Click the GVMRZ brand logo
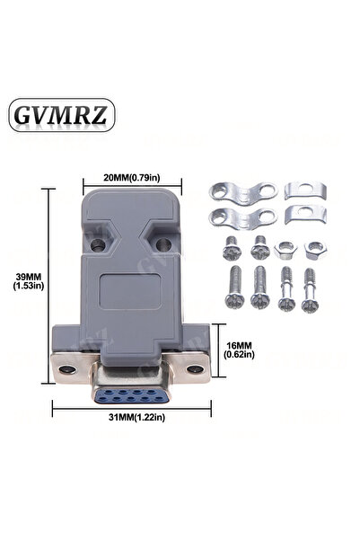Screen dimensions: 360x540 pyautogui.click(x=62, y=115)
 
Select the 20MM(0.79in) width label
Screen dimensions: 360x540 pyautogui.click(x=132, y=178)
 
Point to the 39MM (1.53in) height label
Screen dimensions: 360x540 pyautogui.click(x=29, y=281)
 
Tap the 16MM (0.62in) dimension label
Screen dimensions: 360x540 pyautogui.click(x=239, y=350)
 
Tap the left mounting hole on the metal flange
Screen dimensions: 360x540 pyautogui.click(x=67, y=369)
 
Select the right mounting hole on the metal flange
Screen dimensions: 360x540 pyautogui.click(x=195, y=369)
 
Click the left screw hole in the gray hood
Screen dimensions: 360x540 pyautogui.click(x=98, y=245)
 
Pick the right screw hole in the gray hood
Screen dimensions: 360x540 pyautogui.click(x=163, y=244)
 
